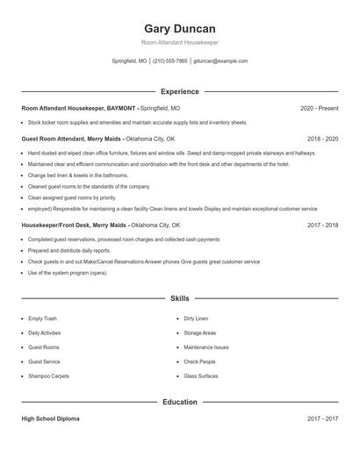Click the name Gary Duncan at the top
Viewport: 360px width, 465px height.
[x=179, y=29]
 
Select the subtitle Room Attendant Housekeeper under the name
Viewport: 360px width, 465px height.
[x=179, y=43]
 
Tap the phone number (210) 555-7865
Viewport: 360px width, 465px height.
[x=170, y=61]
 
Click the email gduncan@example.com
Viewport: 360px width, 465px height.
[x=220, y=61]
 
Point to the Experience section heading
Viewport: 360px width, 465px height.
[x=179, y=91]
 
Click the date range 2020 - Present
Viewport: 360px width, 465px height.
[x=319, y=108]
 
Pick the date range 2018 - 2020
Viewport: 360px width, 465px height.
[x=322, y=139]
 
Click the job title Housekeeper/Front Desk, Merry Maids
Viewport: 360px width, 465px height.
[x=75, y=225]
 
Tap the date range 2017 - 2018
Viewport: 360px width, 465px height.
[x=322, y=225]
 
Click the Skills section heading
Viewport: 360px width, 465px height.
[x=179, y=298]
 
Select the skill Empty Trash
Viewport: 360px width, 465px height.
[x=41, y=318]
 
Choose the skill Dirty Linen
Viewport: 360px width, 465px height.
[x=196, y=318]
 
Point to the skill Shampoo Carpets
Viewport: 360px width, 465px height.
[x=48, y=376]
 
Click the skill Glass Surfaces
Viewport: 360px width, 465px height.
[x=201, y=376]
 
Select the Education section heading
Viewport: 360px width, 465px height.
[x=179, y=402]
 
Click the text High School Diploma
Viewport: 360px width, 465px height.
[x=50, y=418]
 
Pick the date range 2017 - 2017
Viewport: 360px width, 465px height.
[x=322, y=418]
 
